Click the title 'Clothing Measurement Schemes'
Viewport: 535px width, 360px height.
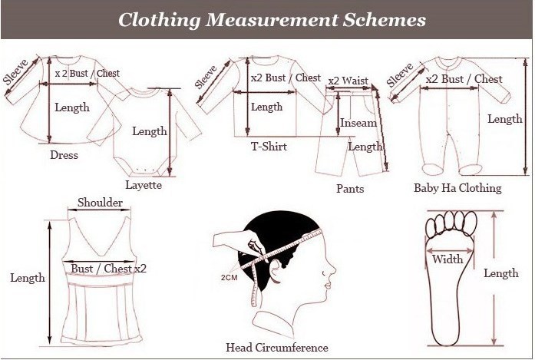(x=272, y=20)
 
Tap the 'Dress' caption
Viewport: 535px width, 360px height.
(x=64, y=155)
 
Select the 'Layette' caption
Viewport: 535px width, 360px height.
(x=144, y=185)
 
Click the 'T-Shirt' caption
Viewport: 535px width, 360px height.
(x=269, y=147)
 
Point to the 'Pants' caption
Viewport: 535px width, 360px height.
(x=350, y=189)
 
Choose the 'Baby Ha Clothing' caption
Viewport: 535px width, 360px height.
(x=457, y=188)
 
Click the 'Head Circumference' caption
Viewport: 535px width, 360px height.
(x=277, y=348)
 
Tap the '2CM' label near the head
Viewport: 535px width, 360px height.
(x=229, y=277)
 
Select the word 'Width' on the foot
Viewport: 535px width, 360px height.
(x=447, y=259)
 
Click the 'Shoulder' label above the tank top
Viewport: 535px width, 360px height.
(x=100, y=203)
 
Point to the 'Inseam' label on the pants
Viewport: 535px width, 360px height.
(x=358, y=123)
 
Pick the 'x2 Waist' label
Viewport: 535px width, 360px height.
(x=348, y=81)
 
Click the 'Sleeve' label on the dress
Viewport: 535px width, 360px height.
(x=15, y=72)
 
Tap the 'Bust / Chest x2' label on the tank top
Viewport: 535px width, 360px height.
(x=108, y=269)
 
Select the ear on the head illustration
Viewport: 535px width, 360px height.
(x=276, y=269)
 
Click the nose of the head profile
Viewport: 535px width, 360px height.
(x=332, y=269)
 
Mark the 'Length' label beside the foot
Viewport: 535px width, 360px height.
(x=501, y=273)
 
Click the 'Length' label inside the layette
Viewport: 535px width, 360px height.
(x=150, y=131)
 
